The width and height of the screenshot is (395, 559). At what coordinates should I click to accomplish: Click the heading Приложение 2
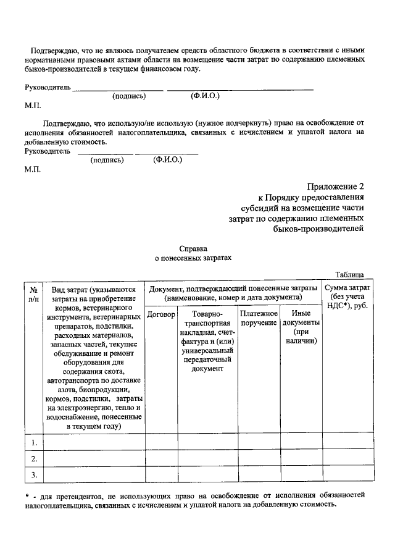click(336, 187)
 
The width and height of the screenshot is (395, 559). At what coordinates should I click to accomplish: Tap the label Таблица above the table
click(349, 274)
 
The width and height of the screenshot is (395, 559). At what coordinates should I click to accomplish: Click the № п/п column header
click(34, 293)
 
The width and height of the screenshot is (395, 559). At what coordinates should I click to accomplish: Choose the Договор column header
click(162, 314)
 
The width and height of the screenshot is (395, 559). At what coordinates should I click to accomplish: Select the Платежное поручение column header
click(259, 319)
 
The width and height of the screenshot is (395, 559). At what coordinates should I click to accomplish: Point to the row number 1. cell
click(34, 442)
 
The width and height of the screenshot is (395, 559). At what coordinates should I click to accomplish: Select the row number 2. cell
click(34, 458)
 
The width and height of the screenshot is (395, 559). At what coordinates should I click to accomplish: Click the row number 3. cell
click(34, 474)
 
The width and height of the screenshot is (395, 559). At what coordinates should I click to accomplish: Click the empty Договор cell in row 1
click(162, 442)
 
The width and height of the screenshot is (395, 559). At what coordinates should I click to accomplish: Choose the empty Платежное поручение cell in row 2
click(259, 458)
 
